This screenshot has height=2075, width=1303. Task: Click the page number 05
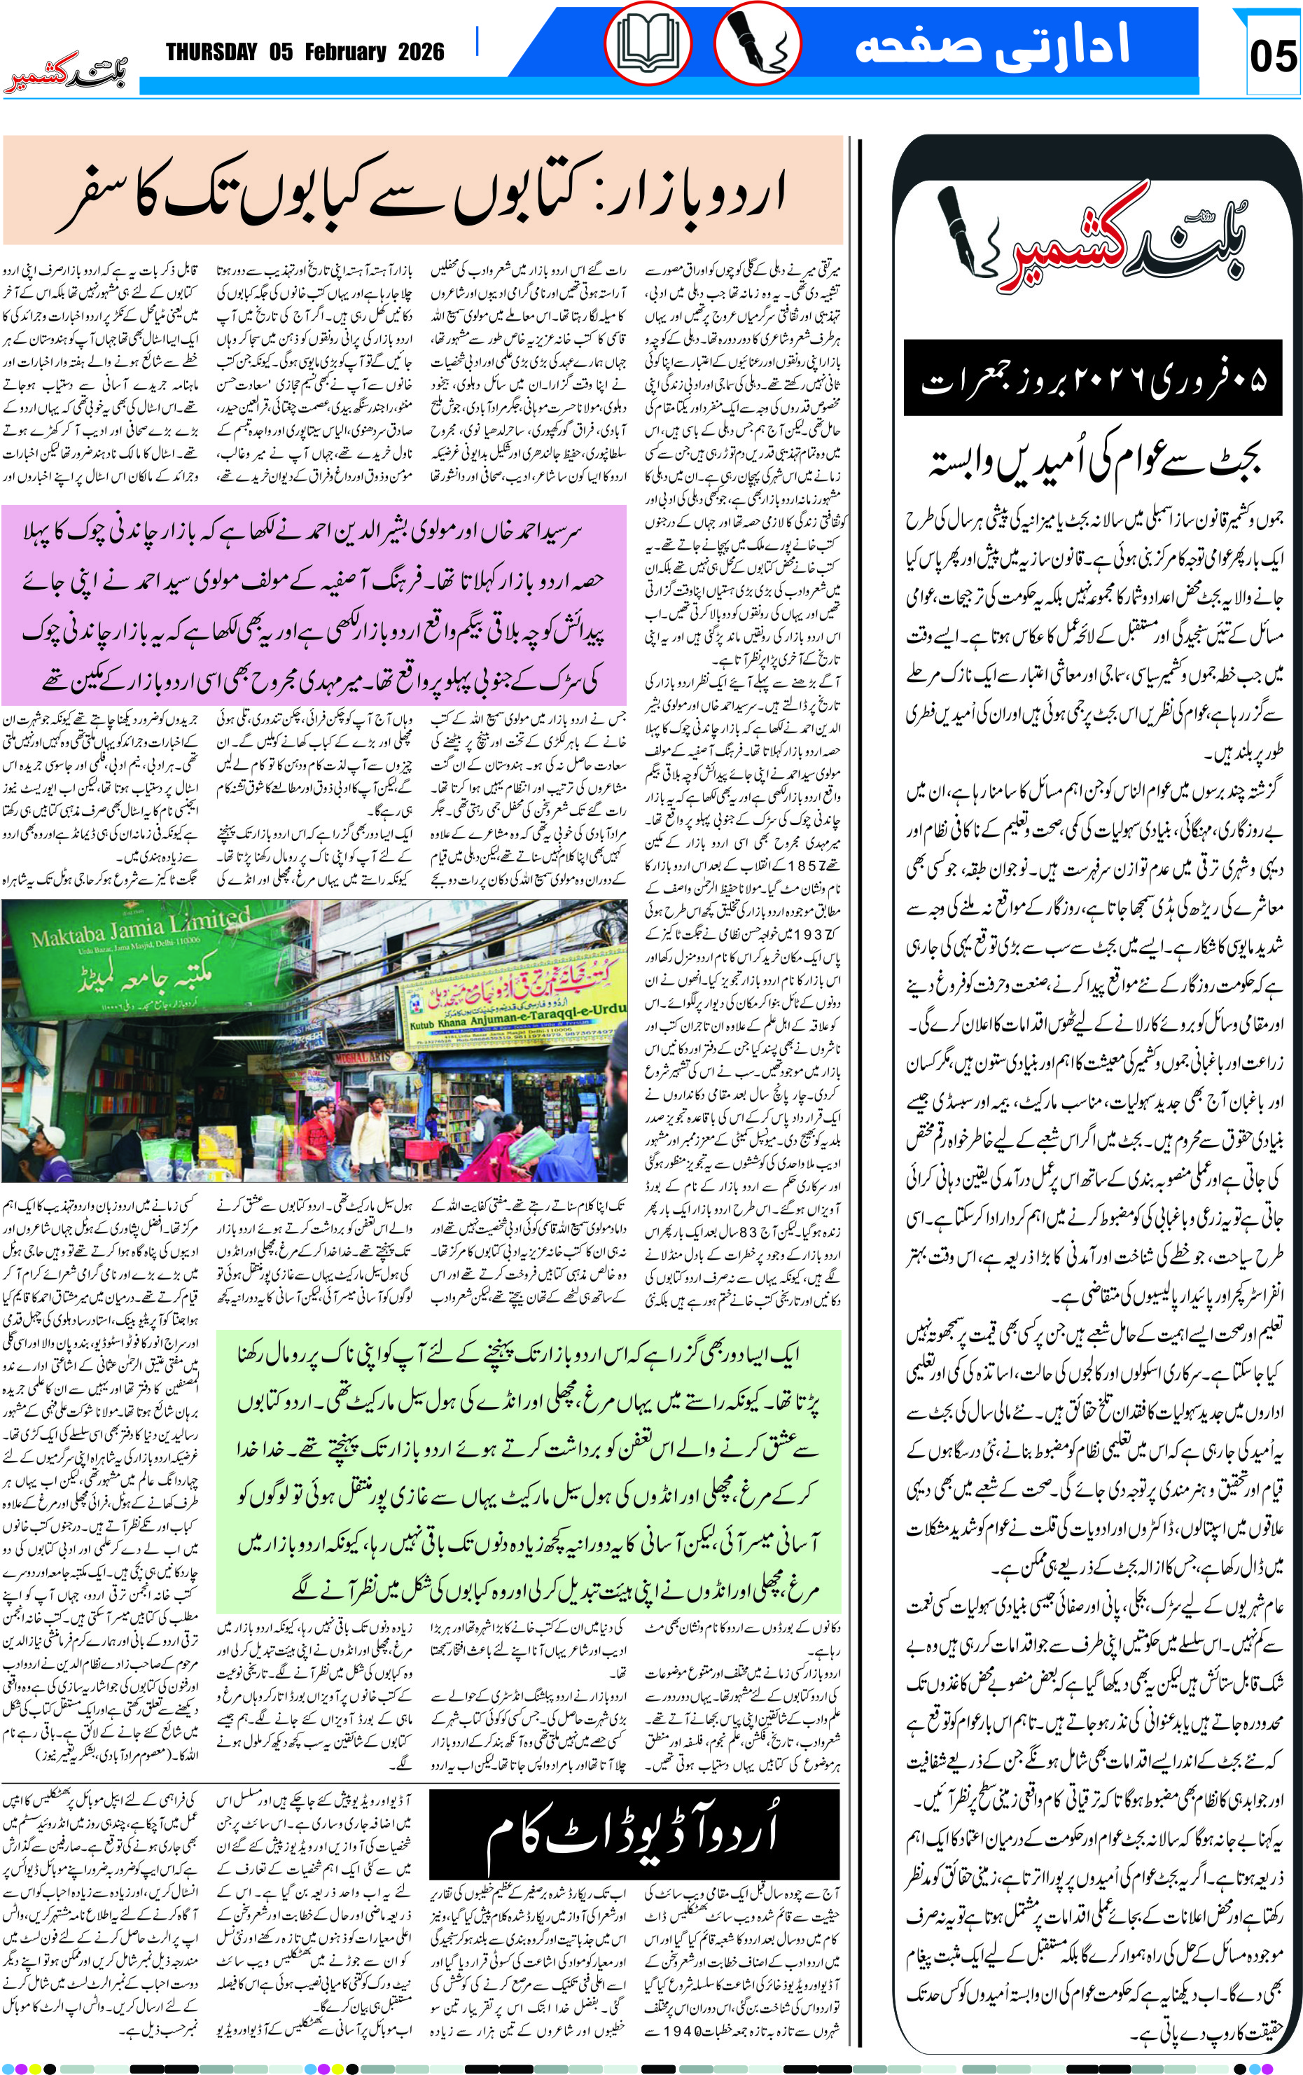1272,56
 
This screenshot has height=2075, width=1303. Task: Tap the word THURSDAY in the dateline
211,53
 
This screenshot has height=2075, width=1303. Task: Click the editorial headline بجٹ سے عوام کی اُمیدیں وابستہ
1094,463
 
